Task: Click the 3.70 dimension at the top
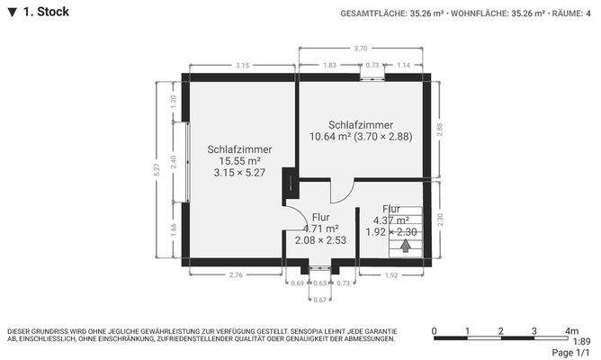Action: tap(360, 48)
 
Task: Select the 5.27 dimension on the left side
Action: tap(157, 169)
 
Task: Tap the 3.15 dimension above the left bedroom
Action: tap(242, 66)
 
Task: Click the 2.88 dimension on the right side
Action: tap(440, 130)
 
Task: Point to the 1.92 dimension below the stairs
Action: tap(391, 274)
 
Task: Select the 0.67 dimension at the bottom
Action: tap(319, 299)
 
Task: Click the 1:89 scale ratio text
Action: tap(581, 341)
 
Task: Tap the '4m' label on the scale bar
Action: tap(571, 330)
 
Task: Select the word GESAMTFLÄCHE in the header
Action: tap(372, 13)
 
